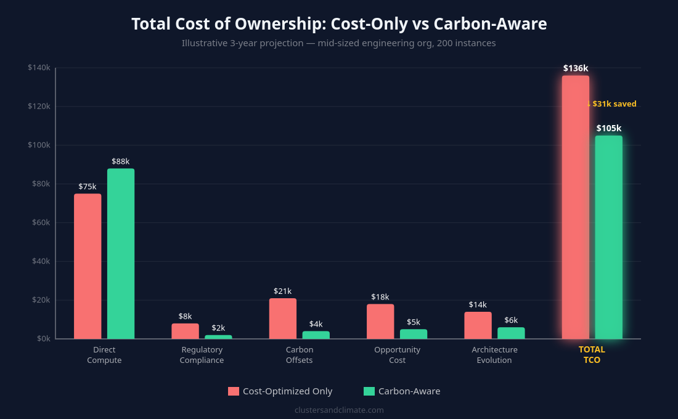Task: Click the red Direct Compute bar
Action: (x=88, y=266)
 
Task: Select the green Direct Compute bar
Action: (x=121, y=253)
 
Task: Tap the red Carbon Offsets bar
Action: (x=282, y=319)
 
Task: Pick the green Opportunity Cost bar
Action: (x=413, y=334)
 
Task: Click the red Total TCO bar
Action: (x=575, y=207)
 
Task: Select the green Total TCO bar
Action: (x=608, y=237)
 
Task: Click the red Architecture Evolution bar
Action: (x=478, y=325)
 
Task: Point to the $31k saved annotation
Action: (x=613, y=104)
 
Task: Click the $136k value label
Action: (x=575, y=68)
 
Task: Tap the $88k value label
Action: (x=121, y=161)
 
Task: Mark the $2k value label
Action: (x=218, y=328)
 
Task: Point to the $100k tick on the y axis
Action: (x=39, y=145)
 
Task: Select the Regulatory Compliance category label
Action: (x=202, y=355)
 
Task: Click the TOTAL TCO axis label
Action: (x=592, y=355)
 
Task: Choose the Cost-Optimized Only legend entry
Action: (x=280, y=391)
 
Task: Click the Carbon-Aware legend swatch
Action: (x=369, y=391)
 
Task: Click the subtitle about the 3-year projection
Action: (x=338, y=43)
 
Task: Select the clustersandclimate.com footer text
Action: (x=339, y=410)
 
